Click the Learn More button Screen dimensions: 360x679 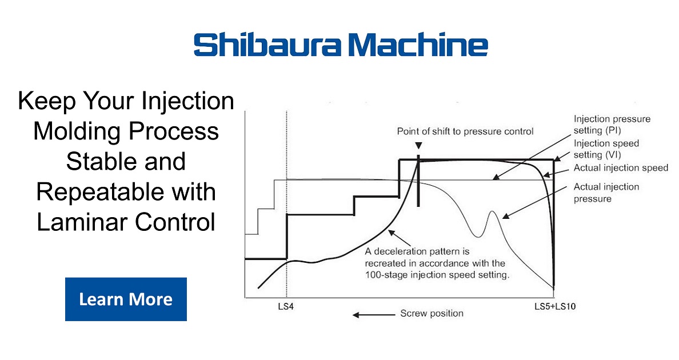pyautogui.click(x=126, y=299)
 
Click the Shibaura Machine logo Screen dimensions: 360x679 pyautogui.click(x=341, y=45)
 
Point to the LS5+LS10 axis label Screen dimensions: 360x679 pyautogui.click(x=554, y=307)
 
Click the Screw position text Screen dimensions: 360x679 pyautogui.click(x=432, y=313)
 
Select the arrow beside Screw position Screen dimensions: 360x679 pyautogui.click(x=372, y=314)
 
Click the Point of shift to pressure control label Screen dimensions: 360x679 pyautogui.click(x=465, y=131)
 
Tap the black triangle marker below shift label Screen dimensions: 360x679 pyautogui.click(x=419, y=146)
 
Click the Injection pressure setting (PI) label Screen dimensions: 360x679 pyautogui.click(x=612, y=124)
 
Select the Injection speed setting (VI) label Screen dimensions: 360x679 pyautogui.click(x=606, y=149)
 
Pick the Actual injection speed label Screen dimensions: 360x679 pyautogui.click(x=621, y=168)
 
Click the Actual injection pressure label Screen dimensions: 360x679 pyautogui.click(x=606, y=193)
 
